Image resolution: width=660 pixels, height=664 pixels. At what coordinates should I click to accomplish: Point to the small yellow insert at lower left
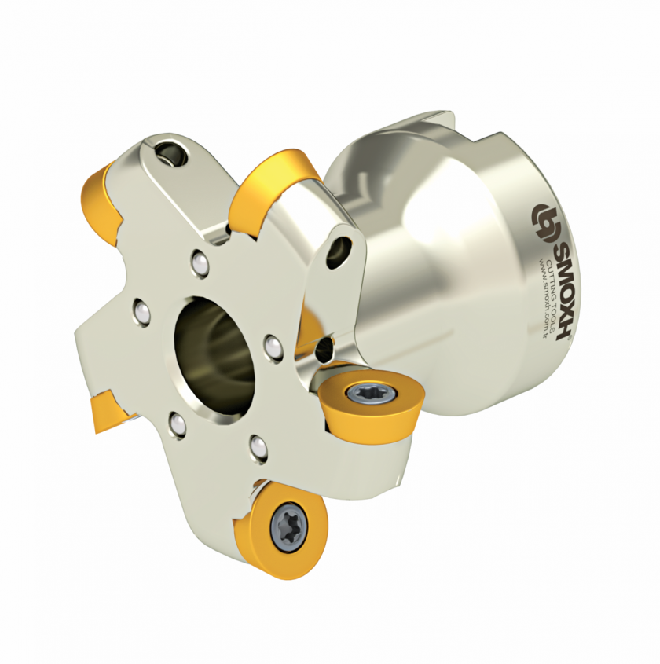pyautogui.click(x=105, y=411)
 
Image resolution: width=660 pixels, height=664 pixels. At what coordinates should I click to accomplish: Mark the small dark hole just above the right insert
pyautogui.click(x=321, y=346)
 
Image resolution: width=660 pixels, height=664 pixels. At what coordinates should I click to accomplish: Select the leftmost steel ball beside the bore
pyautogui.click(x=141, y=312)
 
